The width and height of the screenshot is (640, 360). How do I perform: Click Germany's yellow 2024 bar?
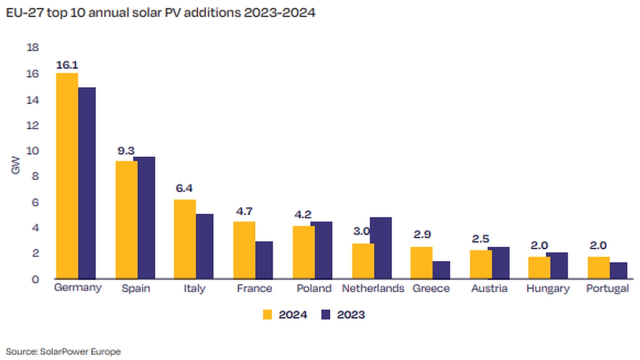[x=67, y=176]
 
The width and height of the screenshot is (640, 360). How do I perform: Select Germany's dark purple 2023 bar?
[x=86, y=183]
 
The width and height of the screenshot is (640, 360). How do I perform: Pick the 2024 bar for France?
[x=244, y=250]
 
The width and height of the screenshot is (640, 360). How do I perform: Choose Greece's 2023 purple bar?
[x=441, y=270]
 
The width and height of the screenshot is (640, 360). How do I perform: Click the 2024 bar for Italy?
[x=185, y=239]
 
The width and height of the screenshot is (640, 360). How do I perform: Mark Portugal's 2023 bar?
[x=618, y=270]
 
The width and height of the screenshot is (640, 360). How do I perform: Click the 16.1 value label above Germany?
[x=67, y=65]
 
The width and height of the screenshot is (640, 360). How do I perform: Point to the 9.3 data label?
[x=126, y=149]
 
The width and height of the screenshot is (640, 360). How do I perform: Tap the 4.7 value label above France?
[x=244, y=211]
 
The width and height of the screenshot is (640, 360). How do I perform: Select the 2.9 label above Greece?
[x=421, y=234]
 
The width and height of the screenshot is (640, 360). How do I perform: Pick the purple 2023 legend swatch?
[x=326, y=314]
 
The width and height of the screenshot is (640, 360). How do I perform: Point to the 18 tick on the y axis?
[x=32, y=48]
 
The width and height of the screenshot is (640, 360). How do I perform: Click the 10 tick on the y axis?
[x=32, y=151]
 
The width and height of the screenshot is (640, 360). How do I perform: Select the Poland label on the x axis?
[x=314, y=288]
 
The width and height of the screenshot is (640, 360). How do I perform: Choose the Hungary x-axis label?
[x=548, y=288]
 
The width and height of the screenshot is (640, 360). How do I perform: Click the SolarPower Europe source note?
[x=63, y=352]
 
